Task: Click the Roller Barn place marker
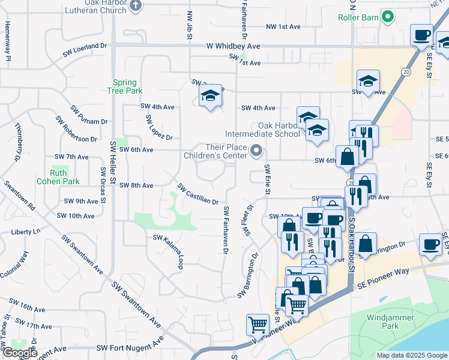[388, 17]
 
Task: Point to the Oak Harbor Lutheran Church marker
[135, 6]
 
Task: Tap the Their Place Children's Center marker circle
[257, 151]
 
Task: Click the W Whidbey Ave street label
[233, 46]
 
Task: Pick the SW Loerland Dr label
[85, 50]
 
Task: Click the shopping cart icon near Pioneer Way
[258, 325]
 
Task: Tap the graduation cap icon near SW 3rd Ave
[210, 95]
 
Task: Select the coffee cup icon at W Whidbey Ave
[422, 34]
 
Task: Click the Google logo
[19, 353]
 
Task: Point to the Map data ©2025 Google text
[411, 355]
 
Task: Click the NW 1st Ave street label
[283, 27]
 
